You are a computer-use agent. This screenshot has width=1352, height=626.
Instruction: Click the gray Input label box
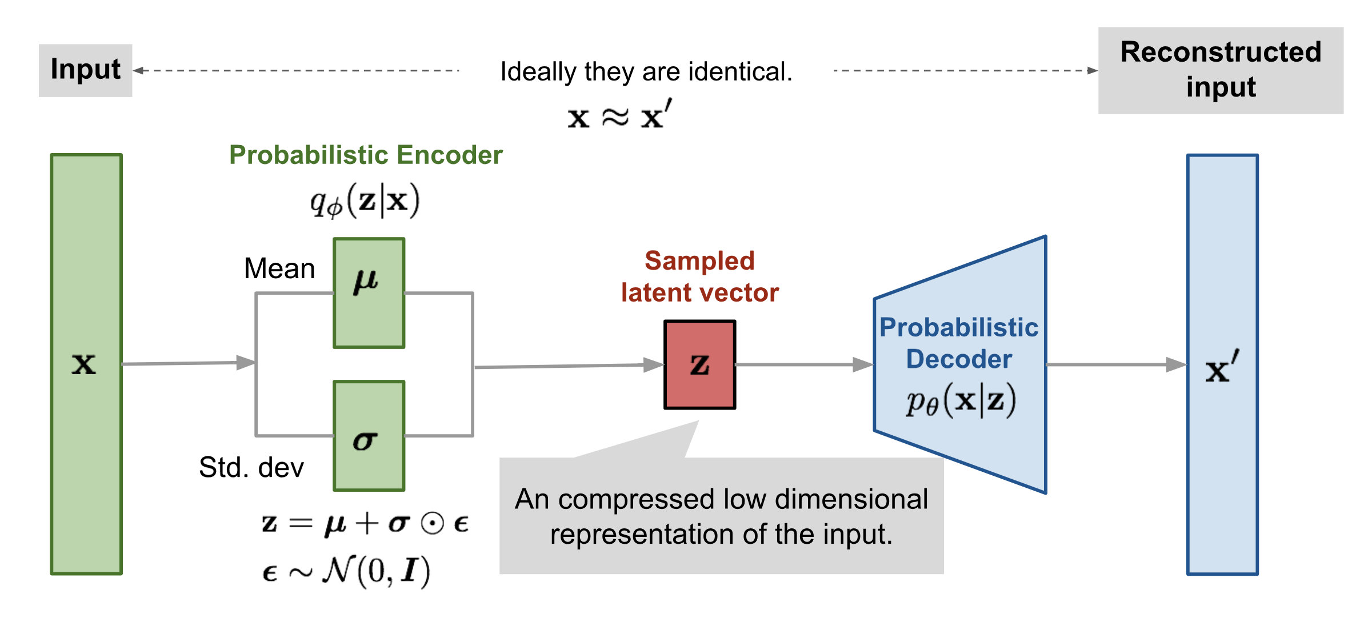tap(85, 70)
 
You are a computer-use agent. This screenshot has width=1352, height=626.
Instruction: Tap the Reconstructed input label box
tap(1220, 70)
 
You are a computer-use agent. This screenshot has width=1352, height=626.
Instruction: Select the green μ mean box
tap(369, 292)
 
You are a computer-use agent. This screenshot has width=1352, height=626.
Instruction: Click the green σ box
tap(369, 435)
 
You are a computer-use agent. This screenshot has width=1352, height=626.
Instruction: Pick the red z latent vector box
tap(699, 364)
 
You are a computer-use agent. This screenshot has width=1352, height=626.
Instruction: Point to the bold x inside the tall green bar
tap(84, 364)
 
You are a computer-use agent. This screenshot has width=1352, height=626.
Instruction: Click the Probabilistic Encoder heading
tap(366, 155)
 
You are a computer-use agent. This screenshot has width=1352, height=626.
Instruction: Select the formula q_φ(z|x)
tap(365, 201)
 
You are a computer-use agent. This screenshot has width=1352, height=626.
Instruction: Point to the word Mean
tap(279, 268)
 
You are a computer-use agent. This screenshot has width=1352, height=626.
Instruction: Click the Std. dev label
tap(251, 467)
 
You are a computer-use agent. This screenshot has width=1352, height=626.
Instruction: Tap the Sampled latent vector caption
tap(699, 277)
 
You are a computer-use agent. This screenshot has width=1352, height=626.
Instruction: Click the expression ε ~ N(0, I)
tap(346, 571)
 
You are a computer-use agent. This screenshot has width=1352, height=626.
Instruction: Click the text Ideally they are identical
tap(646, 72)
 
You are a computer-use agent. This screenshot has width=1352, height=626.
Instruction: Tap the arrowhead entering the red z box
tap(653, 365)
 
